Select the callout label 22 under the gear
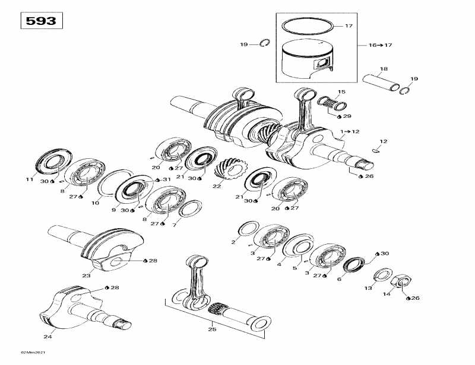tap(217, 187)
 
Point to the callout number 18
tap(384, 69)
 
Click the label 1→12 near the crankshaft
tap(350, 131)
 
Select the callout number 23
tap(86, 275)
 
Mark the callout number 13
tap(368, 288)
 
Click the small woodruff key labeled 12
tap(375, 151)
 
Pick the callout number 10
tap(94, 203)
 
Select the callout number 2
tap(233, 242)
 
